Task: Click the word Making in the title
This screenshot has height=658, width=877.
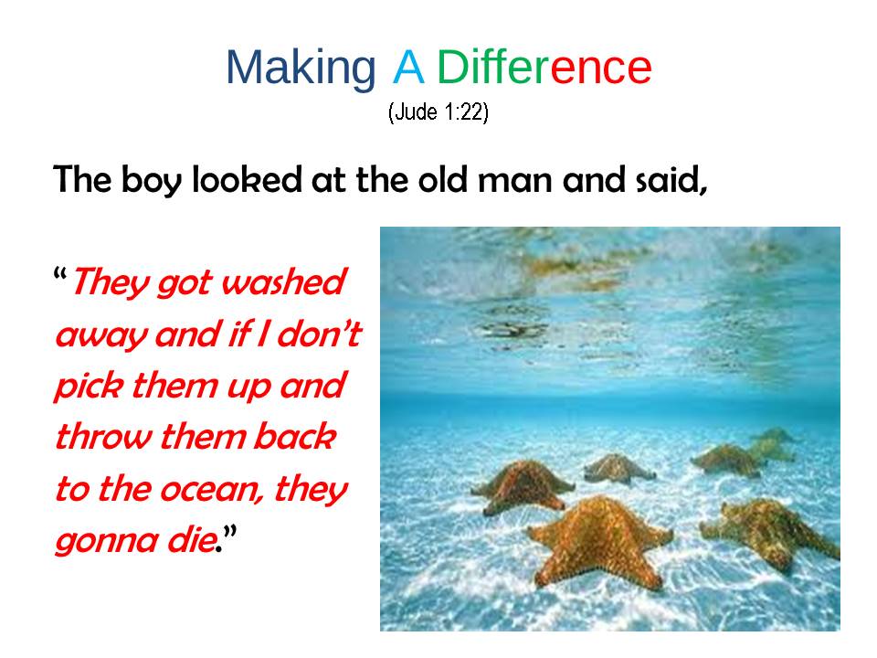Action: (x=301, y=69)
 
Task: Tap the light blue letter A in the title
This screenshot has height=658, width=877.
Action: (x=407, y=67)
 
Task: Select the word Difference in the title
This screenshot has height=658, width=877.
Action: (x=544, y=66)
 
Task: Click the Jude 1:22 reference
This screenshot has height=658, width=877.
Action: (x=438, y=111)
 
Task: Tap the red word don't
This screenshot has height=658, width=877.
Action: (x=320, y=334)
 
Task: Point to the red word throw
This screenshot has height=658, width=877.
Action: (x=103, y=437)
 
